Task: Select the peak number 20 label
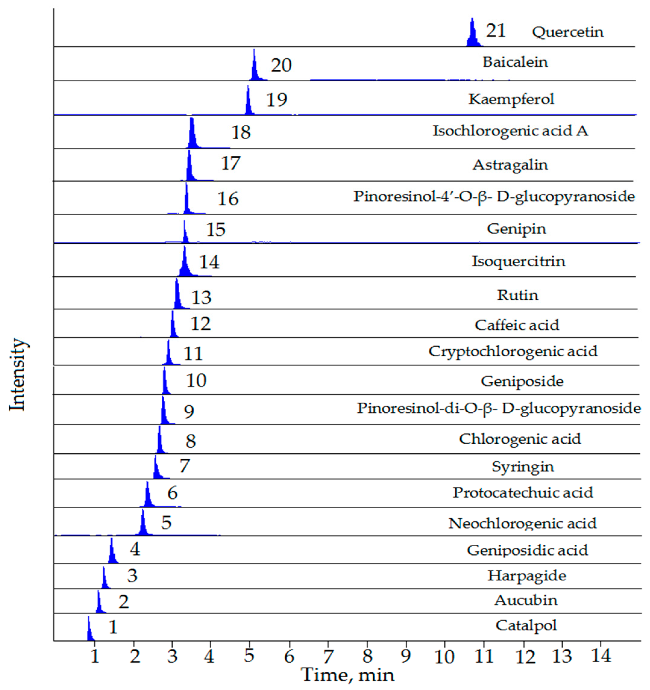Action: pos(281,65)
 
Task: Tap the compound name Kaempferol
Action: pos(511,99)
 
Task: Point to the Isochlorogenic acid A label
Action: pos(510,131)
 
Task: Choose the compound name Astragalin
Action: pos(510,165)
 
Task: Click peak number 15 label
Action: pos(216,230)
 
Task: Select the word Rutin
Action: pos(517,295)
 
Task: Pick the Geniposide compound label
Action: pos(522,381)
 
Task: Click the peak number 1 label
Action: pos(113,627)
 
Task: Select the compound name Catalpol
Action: pos(526,626)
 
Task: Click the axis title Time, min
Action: pos(348,675)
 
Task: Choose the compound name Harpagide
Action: pos(527,576)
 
